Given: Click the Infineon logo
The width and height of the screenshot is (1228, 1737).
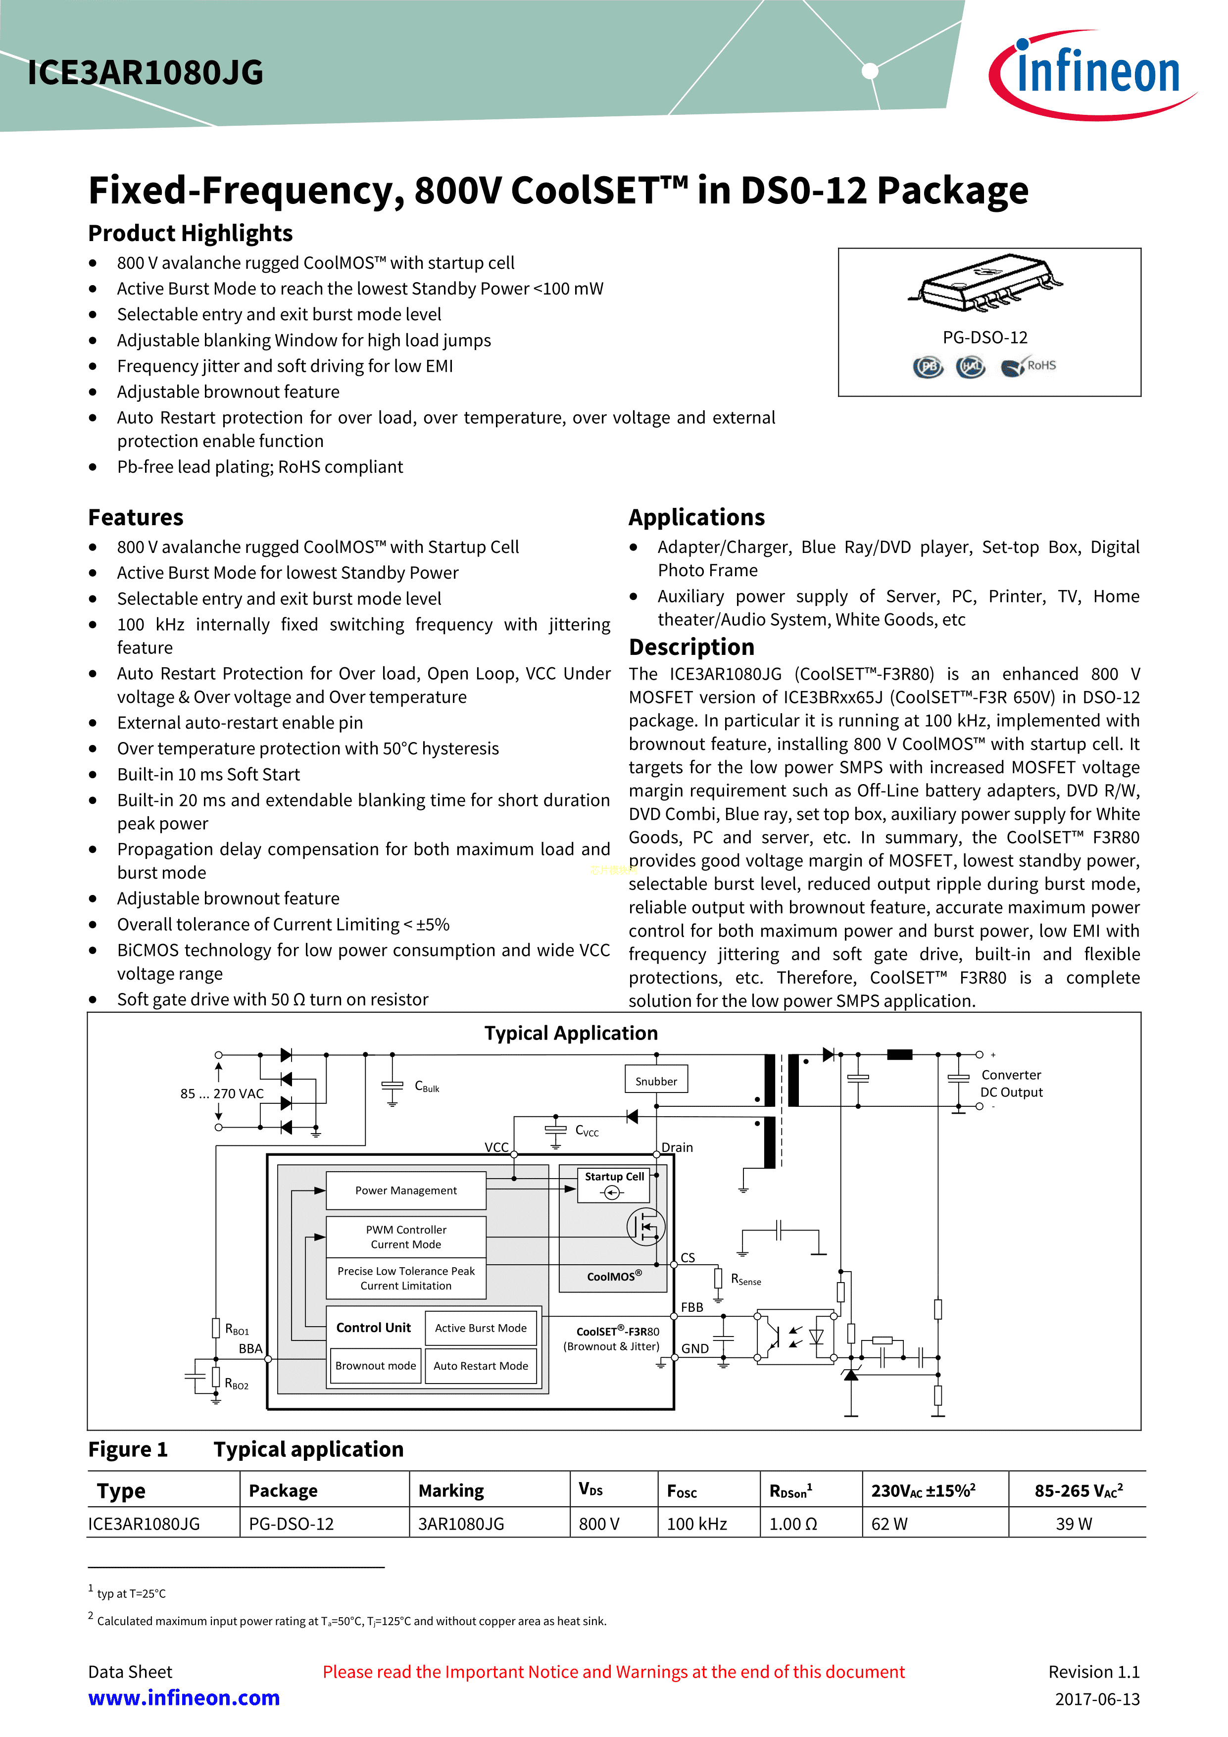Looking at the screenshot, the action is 1092,74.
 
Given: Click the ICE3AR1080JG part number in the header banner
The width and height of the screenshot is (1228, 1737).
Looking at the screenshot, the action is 146,73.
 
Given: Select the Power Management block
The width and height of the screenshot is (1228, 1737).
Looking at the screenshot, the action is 406,1190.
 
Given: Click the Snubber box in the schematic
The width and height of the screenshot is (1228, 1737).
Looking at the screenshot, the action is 656,1080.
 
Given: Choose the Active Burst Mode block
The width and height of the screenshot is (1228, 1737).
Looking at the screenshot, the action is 481,1328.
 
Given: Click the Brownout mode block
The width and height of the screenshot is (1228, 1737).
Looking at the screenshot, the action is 375,1366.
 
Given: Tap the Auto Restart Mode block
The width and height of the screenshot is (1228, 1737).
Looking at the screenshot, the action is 481,1366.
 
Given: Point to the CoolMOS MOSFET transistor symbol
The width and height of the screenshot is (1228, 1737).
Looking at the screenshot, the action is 646,1226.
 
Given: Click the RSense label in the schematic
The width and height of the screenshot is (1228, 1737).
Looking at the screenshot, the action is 746,1279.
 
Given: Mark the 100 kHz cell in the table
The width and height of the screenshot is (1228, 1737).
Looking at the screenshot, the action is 697,1524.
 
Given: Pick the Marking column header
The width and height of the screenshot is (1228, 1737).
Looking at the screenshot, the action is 451,1490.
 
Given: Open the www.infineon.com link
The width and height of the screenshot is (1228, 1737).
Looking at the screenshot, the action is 184,1698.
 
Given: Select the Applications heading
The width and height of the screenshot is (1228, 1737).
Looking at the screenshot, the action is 697,517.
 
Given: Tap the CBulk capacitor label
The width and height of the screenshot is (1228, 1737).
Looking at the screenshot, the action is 427,1087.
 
